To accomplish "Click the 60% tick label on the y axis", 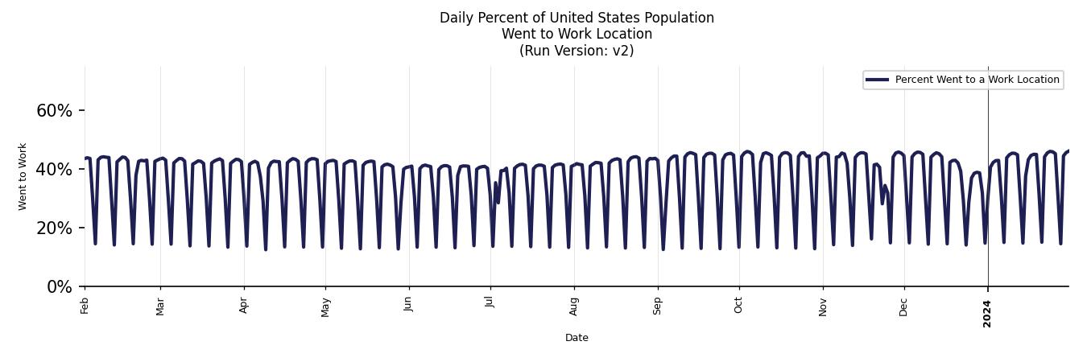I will coord(54,110).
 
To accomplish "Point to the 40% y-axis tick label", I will coord(54,169).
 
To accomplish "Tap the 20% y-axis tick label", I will coord(54,228).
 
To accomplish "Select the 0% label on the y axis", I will coord(60,286).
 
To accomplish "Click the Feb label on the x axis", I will coord(85,305).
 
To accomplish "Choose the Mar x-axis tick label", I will coord(160,306).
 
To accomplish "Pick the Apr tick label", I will coord(244,305).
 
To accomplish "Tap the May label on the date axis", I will coord(325,306).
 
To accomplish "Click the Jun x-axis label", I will coord(409,305).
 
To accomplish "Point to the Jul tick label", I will coord(490,302).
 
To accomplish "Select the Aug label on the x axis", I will coord(574,306).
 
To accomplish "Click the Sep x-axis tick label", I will coord(658,306).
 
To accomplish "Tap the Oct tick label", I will coord(739,305).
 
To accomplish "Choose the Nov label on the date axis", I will coord(823,306).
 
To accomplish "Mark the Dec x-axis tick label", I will coord(904,306).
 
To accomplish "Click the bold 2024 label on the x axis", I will coord(988,313).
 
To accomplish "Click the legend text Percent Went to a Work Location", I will coord(977,80).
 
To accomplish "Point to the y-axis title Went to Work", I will coord(23,176).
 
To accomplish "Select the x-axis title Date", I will coord(577,338).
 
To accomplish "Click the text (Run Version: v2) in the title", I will coord(577,51).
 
